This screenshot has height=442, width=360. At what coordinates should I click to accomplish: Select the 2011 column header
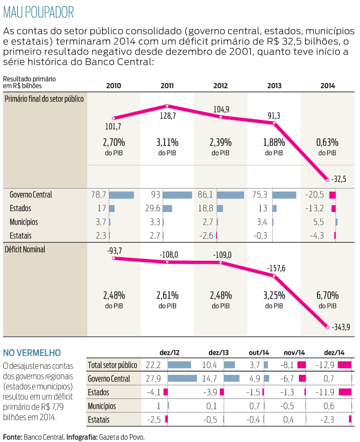[167, 86]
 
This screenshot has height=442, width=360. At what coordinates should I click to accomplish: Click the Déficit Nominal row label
[25, 249]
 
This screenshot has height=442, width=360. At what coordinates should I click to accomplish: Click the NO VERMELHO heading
[32, 353]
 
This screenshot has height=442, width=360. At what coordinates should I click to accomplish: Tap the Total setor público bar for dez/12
[179, 365]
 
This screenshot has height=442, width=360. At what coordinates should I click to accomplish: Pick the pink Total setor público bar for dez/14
[344, 365]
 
